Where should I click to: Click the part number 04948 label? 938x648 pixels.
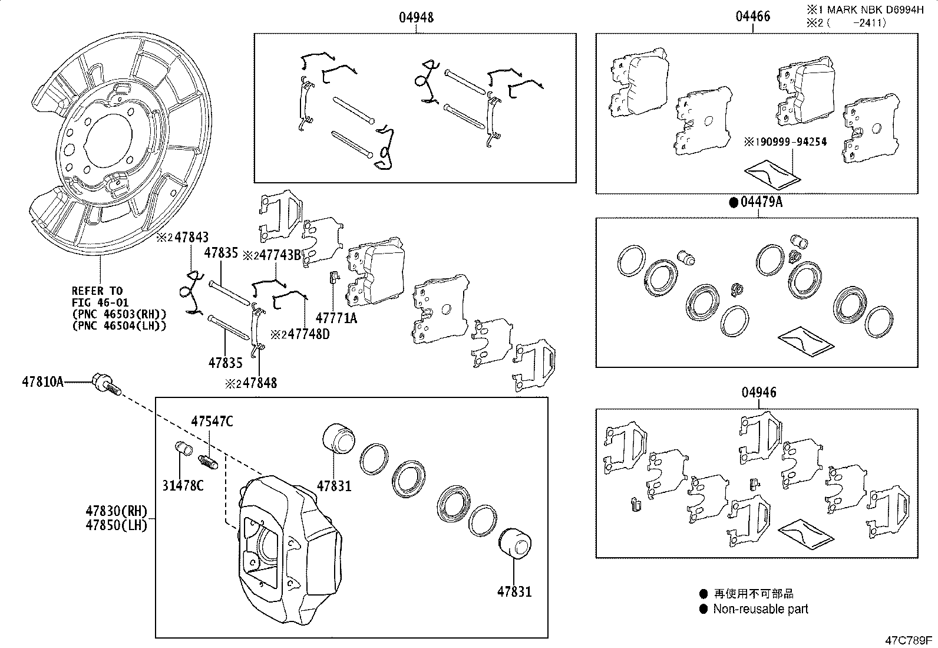click(x=416, y=18)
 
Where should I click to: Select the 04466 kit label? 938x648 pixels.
click(x=752, y=17)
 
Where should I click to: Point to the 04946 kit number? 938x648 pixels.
click(x=758, y=393)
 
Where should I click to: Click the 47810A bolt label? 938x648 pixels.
click(x=42, y=381)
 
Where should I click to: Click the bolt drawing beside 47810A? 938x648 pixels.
click(x=106, y=384)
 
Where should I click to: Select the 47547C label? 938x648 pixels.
click(x=212, y=421)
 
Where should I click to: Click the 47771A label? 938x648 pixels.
click(x=336, y=318)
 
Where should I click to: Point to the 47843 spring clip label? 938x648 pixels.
click(x=191, y=238)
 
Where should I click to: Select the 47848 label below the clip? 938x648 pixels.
click(x=260, y=383)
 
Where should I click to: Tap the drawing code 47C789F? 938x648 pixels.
click(x=908, y=640)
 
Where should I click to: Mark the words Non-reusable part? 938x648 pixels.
click(x=761, y=609)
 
